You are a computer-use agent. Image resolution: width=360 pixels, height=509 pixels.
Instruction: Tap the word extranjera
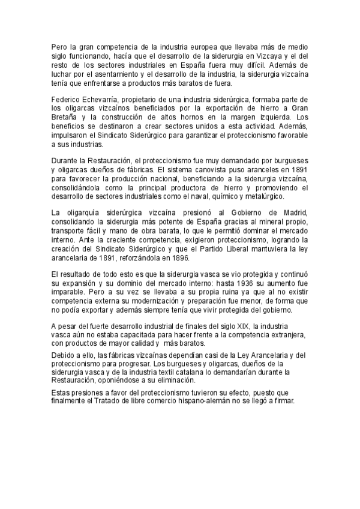[x=287, y=334]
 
